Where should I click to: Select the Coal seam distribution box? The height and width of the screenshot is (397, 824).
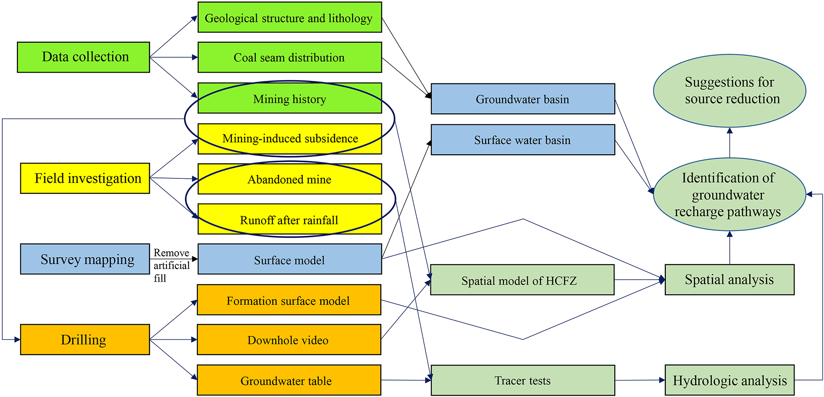289,57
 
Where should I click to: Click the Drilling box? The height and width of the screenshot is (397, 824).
85,339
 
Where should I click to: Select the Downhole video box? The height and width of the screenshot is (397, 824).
289,340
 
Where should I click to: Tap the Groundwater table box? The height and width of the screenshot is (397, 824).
289,380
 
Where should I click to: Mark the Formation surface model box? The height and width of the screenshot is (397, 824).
289,300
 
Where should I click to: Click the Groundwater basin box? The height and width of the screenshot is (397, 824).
523,99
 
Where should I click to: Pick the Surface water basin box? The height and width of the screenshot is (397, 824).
523,140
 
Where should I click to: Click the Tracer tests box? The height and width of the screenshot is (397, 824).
523,380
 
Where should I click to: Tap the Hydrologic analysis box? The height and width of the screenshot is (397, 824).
729,380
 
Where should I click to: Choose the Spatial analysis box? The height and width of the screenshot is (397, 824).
729,280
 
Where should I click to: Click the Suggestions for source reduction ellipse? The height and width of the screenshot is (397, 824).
729,90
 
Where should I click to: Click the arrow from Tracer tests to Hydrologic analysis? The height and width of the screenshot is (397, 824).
639,380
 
